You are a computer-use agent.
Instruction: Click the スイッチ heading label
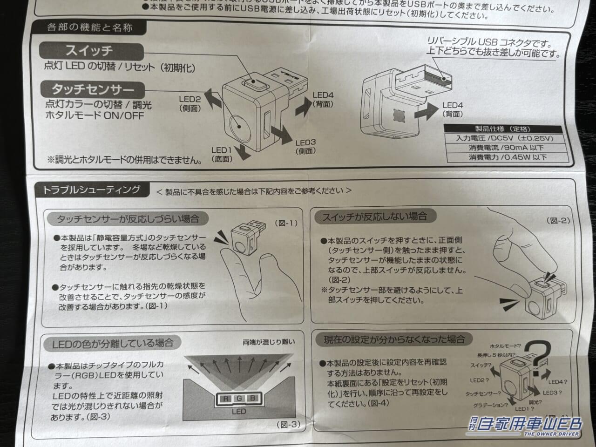click(x=88, y=50)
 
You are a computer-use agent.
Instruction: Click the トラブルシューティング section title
click(x=91, y=190)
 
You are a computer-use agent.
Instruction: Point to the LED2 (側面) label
click(x=190, y=103)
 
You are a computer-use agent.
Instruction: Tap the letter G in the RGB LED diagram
click(x=239, y=399)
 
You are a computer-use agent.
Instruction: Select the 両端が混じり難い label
click(x=269, y=342)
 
